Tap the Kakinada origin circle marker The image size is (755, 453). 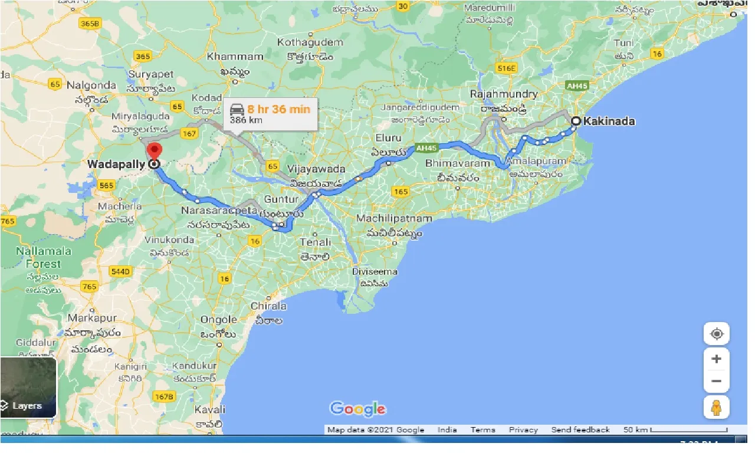point(575,122)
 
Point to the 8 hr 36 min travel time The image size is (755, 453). point(278,109)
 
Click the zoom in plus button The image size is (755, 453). point(717,359)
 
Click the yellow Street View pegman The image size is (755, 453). point(717,408)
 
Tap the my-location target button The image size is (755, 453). point(717,334)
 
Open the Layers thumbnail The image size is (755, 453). point(28,387)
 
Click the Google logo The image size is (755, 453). point(358,409)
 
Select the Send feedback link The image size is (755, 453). point(580,430)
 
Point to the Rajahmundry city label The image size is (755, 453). point(504,94)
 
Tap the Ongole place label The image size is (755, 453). point(219,320)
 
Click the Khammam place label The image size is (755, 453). point(235,57)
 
